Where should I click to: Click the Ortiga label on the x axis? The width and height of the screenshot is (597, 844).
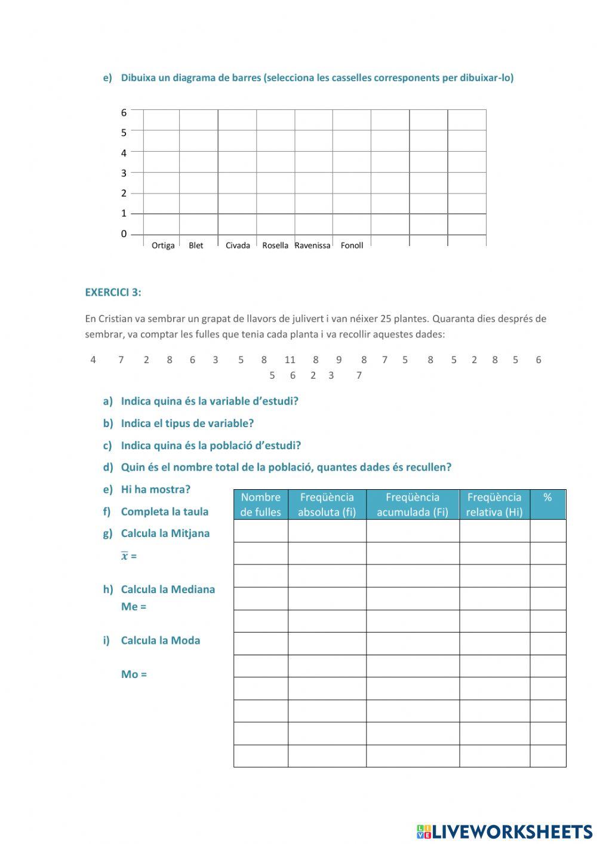[163, 245]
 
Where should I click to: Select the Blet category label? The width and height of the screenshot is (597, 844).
[196, 245]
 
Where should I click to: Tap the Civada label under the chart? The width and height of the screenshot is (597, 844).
[238, 245]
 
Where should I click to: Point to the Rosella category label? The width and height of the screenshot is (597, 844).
[275, 245]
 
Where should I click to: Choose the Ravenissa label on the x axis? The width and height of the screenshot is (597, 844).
[312, 245]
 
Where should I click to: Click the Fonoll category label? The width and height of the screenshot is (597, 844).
[352, 245]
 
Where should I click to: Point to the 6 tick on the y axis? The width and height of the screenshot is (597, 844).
[124, 112]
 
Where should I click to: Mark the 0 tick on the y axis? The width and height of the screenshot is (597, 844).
[124, 234]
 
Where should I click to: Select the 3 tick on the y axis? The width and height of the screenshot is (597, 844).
[124, 173]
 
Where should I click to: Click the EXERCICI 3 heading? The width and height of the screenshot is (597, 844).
[113, 293]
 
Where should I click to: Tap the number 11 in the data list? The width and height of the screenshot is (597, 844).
[290, 360]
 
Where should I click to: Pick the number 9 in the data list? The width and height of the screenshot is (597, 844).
[339, 360]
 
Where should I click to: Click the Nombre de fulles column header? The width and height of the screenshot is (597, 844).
[260, 505]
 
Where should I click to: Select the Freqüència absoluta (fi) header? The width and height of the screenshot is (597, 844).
[327, 505]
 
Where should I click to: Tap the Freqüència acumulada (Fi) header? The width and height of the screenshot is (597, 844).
[412, 505]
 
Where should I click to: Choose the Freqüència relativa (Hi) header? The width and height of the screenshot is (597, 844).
[494, 505]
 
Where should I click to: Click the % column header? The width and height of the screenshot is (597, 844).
[547, 498]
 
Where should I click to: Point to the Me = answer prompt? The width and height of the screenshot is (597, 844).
[134, 607]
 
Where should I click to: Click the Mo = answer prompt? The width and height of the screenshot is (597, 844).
[134, 674]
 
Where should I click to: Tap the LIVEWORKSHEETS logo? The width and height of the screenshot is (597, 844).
[504, 831]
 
